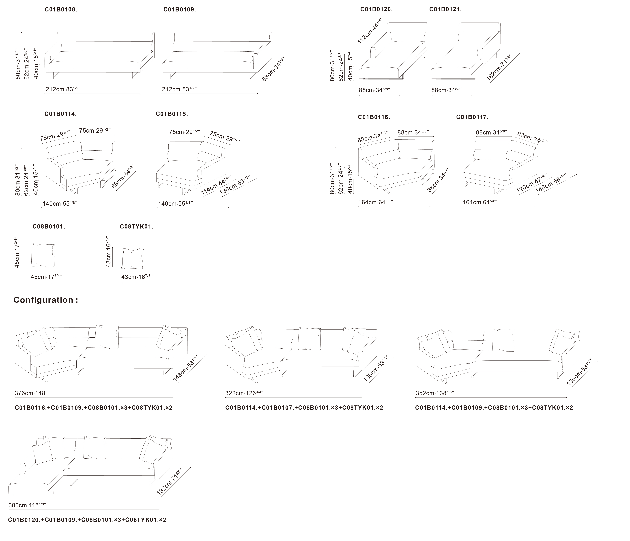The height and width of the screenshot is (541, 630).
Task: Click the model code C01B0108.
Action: tap(61, 9)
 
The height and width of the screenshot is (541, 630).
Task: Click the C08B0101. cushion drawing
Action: tap(43, 255)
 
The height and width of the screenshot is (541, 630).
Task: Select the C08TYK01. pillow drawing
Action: tap(133, 258)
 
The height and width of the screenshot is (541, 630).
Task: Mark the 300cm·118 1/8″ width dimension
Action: tap(27, 505)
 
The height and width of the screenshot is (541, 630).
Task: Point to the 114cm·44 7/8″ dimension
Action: tap(216, 185)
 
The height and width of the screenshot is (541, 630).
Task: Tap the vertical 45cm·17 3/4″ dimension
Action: tap(17, 252)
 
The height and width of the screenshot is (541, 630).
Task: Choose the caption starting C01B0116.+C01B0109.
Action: tap(94, 408)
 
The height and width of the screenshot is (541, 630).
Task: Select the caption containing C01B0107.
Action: tap(304, 408)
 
